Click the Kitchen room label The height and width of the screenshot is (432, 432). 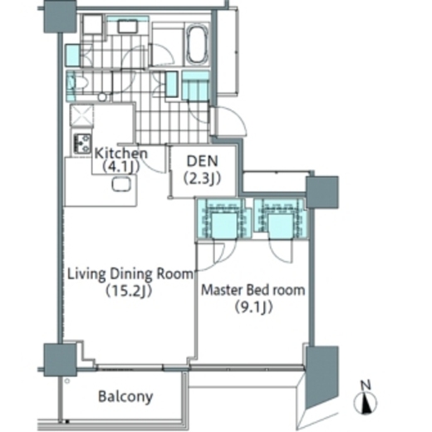121,154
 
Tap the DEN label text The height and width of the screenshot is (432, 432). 202,161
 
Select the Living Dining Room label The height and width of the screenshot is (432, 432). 130,274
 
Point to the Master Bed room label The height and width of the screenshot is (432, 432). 253,290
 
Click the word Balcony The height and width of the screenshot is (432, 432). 125,396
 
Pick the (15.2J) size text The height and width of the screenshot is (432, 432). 130,291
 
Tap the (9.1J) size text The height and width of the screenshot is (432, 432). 254,307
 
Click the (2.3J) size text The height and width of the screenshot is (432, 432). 202,179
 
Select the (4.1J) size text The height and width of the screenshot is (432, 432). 120,167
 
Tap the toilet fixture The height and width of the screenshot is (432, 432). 76,83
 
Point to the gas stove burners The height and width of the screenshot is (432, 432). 82,144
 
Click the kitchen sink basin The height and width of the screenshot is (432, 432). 121,184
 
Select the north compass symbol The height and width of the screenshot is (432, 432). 366,403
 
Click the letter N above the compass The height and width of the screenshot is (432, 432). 366,385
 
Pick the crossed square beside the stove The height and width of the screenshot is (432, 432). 81,115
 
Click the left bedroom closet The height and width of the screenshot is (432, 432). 224,218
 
